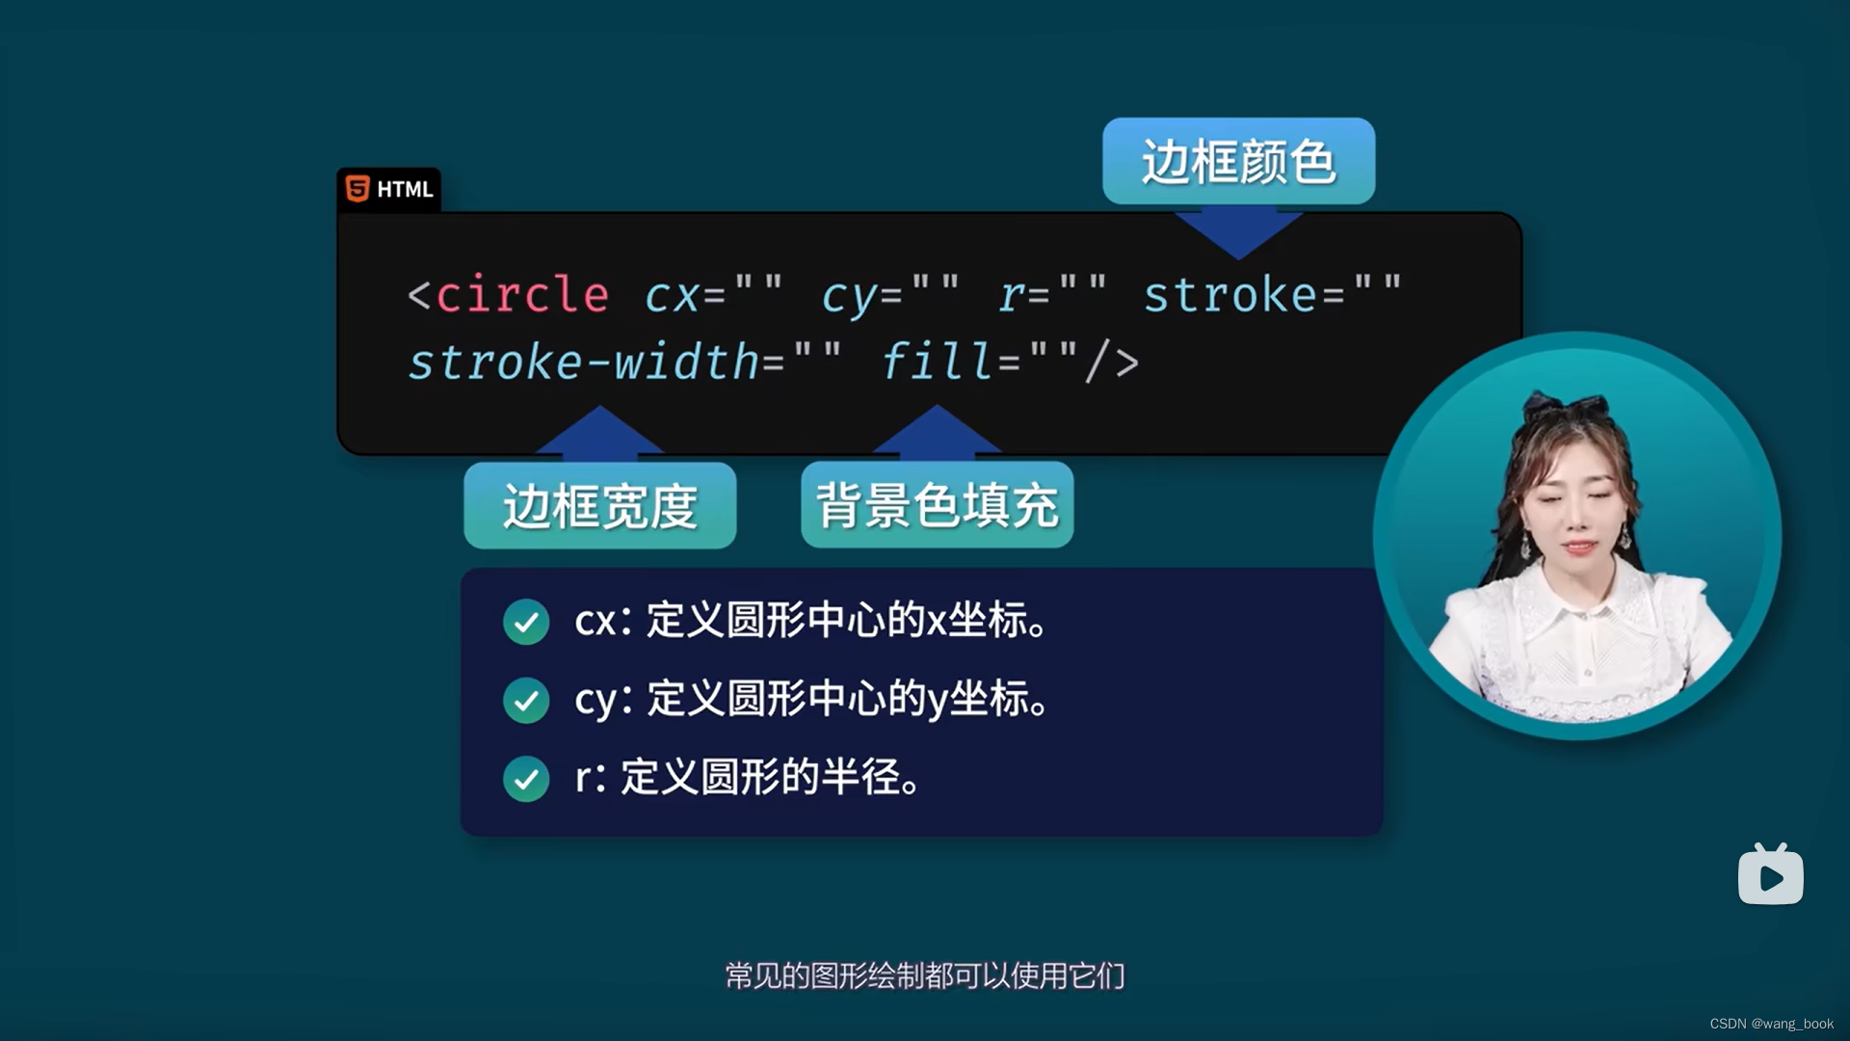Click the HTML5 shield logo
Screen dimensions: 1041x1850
click(357, 189)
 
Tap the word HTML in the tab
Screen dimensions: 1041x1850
click(405, 189)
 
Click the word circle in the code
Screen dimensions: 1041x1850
click(522, 295)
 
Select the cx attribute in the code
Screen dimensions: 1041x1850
click(672, 295)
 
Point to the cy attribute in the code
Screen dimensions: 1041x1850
click(849, 295)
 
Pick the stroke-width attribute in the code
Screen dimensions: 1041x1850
click(584, 362)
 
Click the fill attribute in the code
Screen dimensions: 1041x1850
click(937, 362)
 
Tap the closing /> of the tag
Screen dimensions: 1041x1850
click(1112, 362)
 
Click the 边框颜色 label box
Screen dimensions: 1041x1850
click(1238, 161)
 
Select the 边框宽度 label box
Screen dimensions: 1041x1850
click(599, 506)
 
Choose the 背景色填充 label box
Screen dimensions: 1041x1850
click(937, 505)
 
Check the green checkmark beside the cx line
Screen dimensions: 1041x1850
click(526, 622)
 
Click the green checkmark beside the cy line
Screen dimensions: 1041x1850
click(526, 700)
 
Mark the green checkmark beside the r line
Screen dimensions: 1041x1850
click(526, 779)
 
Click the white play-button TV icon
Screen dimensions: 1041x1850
click(1770, 875)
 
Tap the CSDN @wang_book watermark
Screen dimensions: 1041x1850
click(1771, 1024)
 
